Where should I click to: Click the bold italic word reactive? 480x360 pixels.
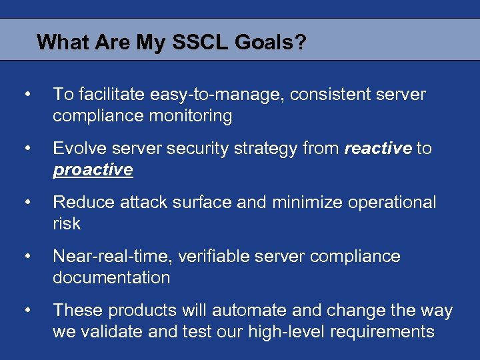click(378, 148)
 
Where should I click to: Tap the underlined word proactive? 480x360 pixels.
click(93, 170)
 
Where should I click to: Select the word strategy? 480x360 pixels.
click(268, 148)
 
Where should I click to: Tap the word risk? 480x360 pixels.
click(66, 223)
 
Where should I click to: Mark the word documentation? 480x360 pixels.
click(111, 277)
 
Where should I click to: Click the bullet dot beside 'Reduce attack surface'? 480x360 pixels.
click(27, 201)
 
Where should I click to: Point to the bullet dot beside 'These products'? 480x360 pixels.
click(27, 309)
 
